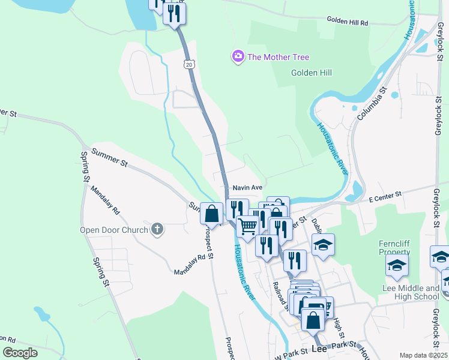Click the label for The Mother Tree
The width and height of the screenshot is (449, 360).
278,57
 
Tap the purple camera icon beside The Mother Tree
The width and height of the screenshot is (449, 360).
238,56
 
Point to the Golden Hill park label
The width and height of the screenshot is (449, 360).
312,73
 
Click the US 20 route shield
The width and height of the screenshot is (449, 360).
190,64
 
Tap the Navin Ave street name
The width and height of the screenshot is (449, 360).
248,187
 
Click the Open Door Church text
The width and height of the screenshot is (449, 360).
114,230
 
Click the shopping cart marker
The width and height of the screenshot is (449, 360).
247,226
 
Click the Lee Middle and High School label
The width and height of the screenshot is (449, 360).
411,292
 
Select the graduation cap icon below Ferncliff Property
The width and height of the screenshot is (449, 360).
397,266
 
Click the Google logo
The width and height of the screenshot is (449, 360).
20,353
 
